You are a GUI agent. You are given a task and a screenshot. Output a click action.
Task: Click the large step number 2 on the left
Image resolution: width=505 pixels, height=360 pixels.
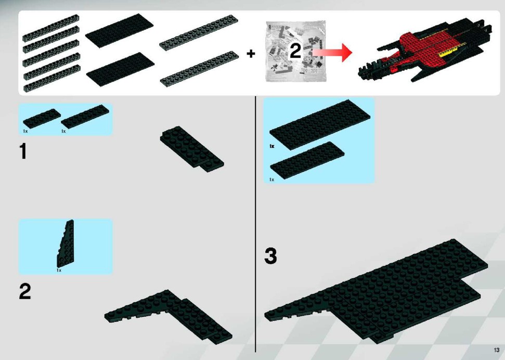[x=25, y=291]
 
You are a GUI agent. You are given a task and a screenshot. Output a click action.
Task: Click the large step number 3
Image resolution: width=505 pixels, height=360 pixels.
[x=270, y=256]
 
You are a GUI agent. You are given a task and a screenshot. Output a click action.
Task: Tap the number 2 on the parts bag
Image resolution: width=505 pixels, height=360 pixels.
[x=295, y=51]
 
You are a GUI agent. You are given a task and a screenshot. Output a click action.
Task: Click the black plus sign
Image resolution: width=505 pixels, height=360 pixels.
[x=251, y=54]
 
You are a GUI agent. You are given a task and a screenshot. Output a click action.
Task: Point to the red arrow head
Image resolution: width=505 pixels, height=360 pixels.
[x=346, y=52]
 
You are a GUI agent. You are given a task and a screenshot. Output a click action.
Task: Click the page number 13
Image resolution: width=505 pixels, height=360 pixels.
[x=496, y=350]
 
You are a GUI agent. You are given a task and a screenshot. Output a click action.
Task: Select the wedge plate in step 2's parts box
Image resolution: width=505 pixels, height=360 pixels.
[x=66, y=243]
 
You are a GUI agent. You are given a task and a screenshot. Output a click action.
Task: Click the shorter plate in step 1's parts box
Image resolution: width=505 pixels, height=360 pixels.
[x=42, y=119]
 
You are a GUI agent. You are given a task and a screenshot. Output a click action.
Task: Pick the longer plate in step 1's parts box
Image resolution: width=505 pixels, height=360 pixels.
[x=85, y=117]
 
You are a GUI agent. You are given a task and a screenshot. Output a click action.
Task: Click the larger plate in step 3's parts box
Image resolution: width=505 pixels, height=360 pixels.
[x=320, y=125]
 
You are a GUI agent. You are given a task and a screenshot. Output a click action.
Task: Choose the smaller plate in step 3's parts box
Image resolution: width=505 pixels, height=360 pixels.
[x=307, y=160]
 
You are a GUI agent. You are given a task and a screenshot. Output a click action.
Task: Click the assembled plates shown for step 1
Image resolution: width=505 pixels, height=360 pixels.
[x=192, y=149]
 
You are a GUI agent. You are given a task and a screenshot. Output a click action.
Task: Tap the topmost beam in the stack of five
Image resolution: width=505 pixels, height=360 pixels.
[x=51, y=28]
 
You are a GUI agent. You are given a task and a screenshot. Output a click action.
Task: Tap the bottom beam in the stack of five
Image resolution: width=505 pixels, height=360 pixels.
[x=51, y=79]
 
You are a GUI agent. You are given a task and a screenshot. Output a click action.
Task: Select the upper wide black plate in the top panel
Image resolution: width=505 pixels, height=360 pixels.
[x=119, y=31]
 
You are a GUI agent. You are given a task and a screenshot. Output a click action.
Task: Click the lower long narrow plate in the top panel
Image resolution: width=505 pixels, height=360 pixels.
[x=199, y=69]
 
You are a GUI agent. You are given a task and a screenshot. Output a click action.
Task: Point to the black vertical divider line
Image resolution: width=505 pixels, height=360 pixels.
[x=256, y=224]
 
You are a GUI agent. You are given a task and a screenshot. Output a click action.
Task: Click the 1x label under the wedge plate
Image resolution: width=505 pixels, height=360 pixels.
[x=59, y=271]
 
